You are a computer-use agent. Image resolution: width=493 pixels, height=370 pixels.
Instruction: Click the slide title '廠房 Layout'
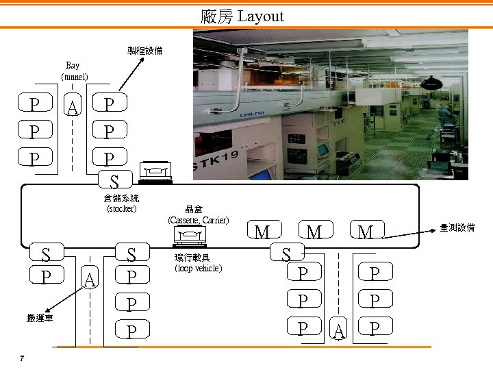point(242,16)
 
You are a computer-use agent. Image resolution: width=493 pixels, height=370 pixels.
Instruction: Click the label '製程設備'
point(144,51)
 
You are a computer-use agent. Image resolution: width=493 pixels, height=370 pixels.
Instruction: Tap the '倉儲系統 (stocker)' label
point(122,203)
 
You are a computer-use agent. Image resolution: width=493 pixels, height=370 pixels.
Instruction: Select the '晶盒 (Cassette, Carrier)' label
point(198,215)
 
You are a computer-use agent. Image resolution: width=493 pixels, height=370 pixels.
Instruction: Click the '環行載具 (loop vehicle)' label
point(199,263)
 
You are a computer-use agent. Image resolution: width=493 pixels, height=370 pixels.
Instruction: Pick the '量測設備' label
point(457,227)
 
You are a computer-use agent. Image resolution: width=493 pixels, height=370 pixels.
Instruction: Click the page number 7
point(23,358)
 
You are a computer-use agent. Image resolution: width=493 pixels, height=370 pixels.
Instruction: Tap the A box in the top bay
point(74,106)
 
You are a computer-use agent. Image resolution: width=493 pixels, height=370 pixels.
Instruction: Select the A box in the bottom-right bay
point(338,331)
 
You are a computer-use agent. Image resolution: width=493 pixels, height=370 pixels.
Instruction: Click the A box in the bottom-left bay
point(90,279)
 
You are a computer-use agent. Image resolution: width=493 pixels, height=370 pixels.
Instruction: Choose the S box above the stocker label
point(115,182)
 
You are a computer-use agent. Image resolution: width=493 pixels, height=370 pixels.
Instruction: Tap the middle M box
point(314,232)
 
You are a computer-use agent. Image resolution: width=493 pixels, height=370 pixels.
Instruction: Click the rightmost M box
point(366,232)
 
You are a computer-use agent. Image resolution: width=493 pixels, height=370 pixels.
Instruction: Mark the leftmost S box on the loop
point(45,254)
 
